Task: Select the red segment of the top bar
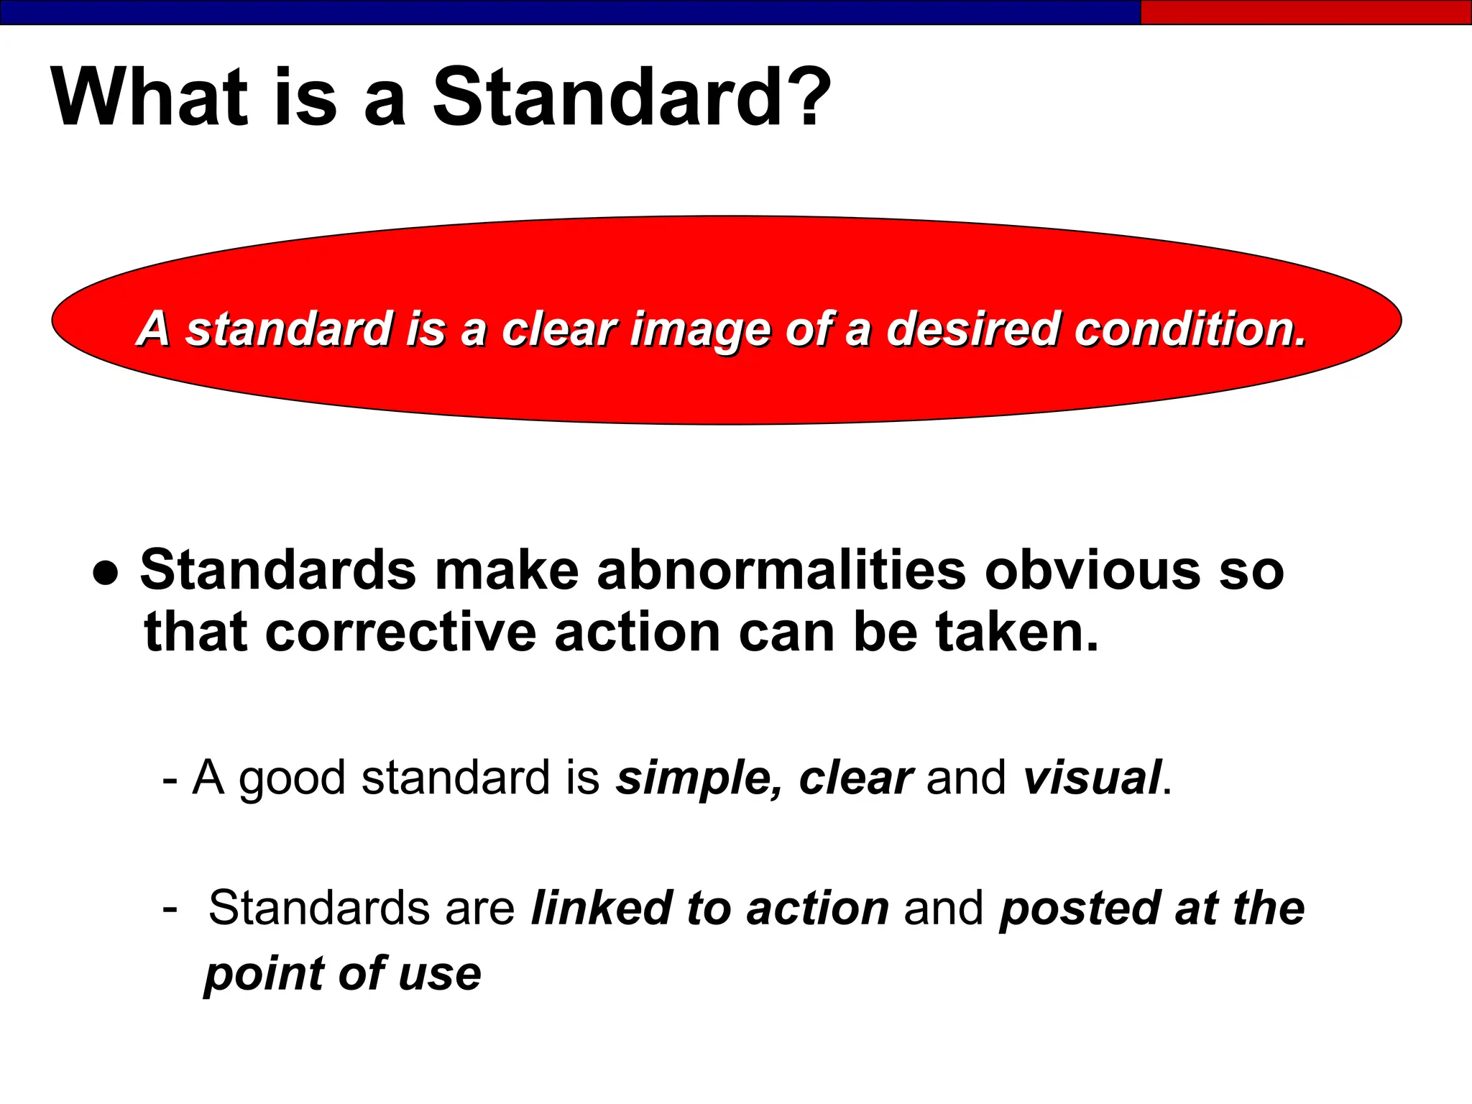click(x=1305, y=12)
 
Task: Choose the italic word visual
click(x=1092, y=778)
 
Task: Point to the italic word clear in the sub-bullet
click(x=855, y=778)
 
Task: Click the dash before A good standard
click(x=170, y=779)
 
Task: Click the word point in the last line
click(x=265, y=975)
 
